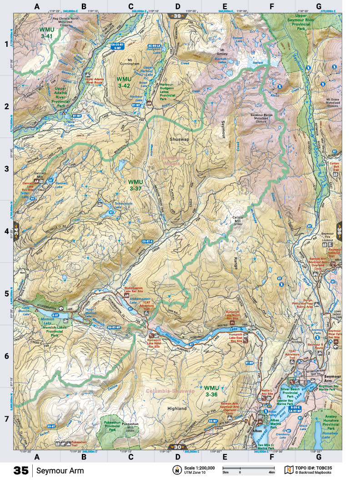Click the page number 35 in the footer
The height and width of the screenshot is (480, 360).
(21, 470)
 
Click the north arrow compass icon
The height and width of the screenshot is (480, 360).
(176, 470)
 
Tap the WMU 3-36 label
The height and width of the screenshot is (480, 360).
(212, 391)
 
